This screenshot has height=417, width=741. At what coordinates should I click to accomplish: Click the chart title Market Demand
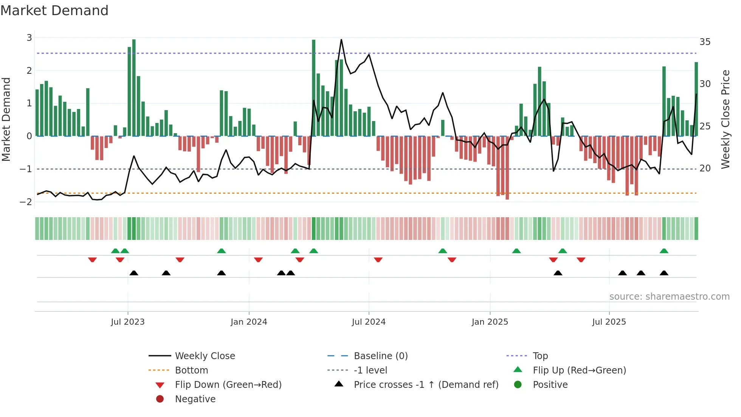(54, 11)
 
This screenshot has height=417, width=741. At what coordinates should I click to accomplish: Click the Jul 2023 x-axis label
(127, 322)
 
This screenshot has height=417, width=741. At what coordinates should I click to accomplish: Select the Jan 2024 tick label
(249, 322)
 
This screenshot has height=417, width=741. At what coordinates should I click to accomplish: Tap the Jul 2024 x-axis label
(369, 322)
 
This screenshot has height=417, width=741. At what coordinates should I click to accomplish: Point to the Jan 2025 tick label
(490, 322)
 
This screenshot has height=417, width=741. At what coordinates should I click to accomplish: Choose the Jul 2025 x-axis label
(609, 322)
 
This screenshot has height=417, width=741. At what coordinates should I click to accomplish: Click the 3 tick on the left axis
(29, 38)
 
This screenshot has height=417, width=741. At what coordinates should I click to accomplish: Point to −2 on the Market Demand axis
(26, 202)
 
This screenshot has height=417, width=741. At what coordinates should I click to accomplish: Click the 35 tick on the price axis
(705, 42)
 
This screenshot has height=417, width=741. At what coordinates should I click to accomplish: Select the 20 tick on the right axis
(705, 168)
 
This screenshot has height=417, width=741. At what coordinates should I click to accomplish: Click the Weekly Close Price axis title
(725, 119)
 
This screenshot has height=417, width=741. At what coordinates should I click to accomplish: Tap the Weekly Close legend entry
(205, 356)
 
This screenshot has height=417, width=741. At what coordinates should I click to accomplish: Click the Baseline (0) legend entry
(381, 356)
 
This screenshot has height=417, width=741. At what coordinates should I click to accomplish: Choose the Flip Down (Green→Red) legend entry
(228, 385)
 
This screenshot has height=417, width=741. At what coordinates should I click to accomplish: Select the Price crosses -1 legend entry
(426, 385)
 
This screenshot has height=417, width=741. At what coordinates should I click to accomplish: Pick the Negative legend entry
(195, 399)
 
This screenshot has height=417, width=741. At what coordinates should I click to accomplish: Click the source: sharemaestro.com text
(669, 297)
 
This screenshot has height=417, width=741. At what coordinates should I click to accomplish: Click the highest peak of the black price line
(341, 40)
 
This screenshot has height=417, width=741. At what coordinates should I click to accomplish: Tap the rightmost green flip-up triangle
(664, 251)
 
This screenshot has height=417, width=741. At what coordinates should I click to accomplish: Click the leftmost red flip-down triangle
(92, 260)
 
